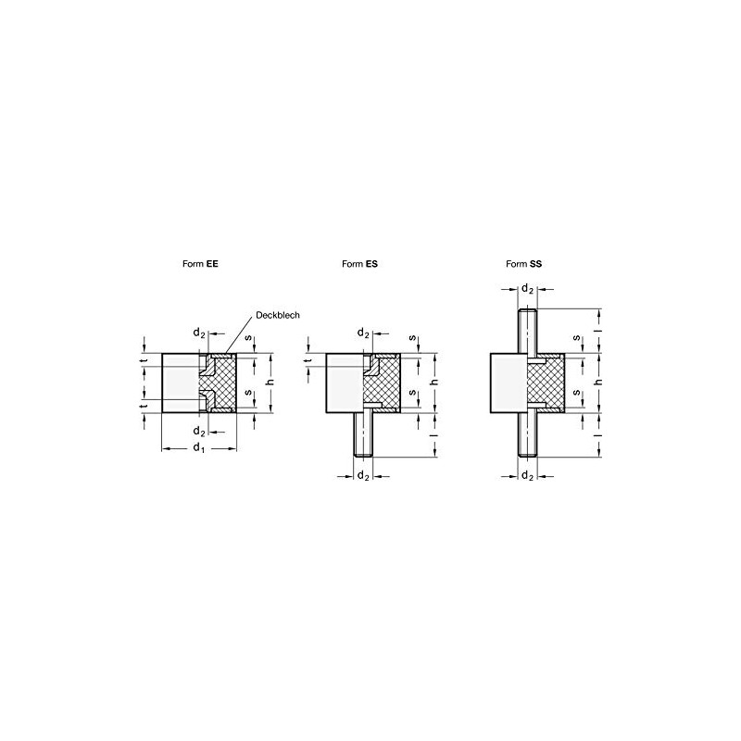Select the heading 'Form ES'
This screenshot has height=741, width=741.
[x=359, y=263]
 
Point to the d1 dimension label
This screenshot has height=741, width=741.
[x=197, y=448]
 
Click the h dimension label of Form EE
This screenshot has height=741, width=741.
[x=269, y=383]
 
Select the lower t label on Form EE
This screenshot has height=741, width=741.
[x=144, y=408]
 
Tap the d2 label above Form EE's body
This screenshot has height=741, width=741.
[x=197, y=333]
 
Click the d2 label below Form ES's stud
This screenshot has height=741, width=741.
[x=363, y=475]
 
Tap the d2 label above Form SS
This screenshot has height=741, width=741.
[x=526, y=288]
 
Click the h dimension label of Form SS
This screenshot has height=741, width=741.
[x=599, y=383]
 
